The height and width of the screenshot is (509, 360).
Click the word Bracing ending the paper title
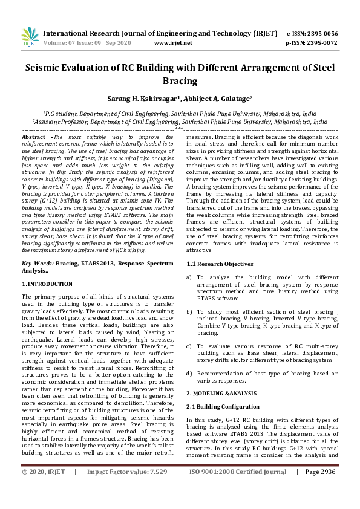[x=180, y=80]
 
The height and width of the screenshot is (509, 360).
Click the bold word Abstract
[x=34, y=138]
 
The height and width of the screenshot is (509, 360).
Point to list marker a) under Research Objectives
[x=189, y=277]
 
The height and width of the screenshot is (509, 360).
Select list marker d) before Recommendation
[x=189, y=373]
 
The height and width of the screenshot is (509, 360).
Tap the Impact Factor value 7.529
[x=154, y=488]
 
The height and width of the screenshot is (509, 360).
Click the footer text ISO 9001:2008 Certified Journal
[x=238, y=488]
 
